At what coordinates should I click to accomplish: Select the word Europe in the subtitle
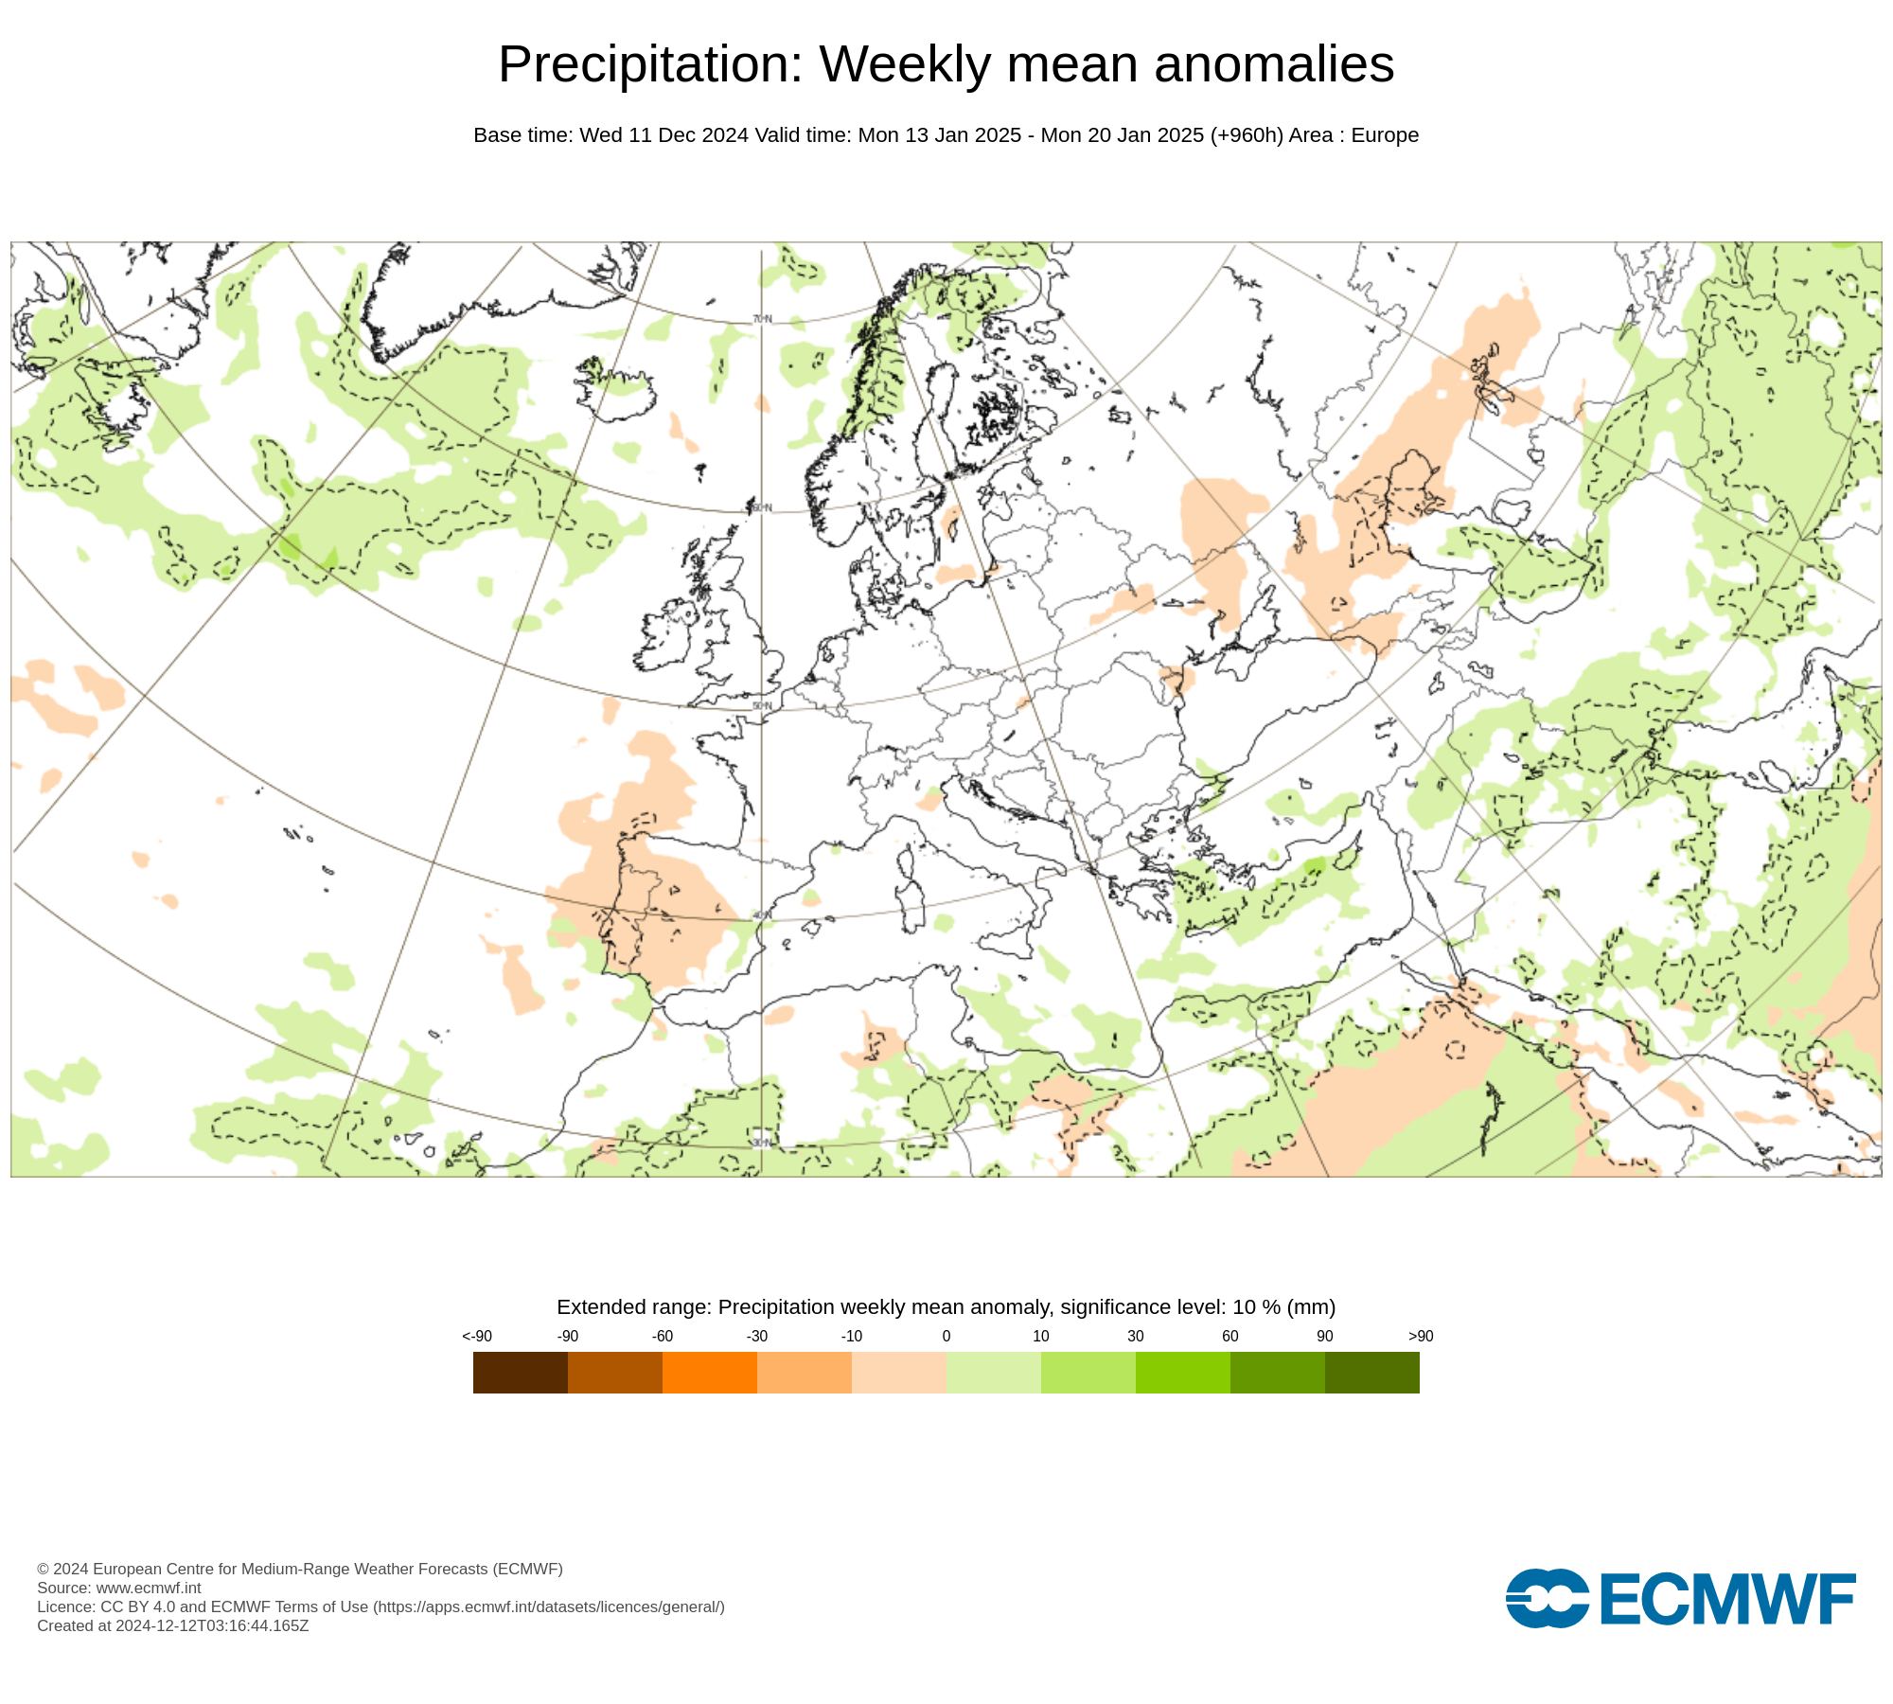click(1385, 135)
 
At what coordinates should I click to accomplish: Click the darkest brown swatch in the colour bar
click(520, 1372)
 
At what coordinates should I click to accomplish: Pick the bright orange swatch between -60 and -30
click(709, 1372)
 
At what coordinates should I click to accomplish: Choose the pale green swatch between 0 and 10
click(993, 1372)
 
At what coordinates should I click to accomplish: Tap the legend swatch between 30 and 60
click(1182, 1372)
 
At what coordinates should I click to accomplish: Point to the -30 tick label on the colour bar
click(756, 1336)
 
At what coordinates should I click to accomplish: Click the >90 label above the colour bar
click(1420, 1336)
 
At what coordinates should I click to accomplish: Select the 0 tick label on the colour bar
click(946, 1336)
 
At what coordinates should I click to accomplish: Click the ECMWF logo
click(1680, 1599)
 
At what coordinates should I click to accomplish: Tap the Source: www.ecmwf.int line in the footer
click(119, 1588)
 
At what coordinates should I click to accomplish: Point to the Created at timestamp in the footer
click(173, 1625)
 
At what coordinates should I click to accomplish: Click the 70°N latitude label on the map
click(762, 319)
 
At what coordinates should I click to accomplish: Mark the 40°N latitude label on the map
click(762, 915)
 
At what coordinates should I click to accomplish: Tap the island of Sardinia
click(913, 904)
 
